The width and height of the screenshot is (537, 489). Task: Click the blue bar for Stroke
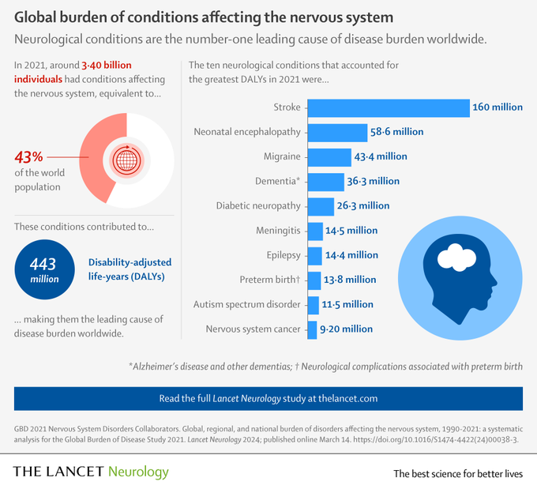pos(387,107)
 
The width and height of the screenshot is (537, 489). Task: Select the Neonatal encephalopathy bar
pos(336,132)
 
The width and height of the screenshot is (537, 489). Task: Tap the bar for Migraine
pos(329,156)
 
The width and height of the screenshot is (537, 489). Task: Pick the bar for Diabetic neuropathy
pos(320,205)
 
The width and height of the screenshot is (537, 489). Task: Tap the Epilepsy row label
pos(284,255)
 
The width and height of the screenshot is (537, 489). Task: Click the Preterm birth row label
pos(270,280)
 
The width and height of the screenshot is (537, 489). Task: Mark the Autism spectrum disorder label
pos(247,304)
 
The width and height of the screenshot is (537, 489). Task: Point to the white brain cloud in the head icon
pos(449,257)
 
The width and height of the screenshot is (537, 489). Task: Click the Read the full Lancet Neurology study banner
pos(268,398)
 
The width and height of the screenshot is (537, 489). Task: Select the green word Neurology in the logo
pos(138,472)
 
